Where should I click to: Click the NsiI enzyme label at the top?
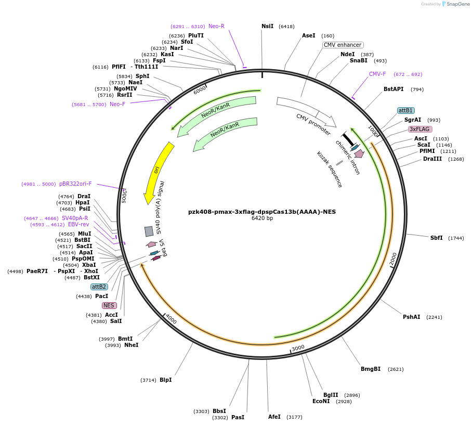pyautogui.click(x=267, y=26)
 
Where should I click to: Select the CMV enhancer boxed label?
pyautogui.click(x=343, y=45)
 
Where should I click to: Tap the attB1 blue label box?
pyautogui.click(x=405, y=110)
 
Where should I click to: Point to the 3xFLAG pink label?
pyautogui.click(x=419, y=129)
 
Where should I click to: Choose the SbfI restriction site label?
pyautogui.click(x=436, y=238)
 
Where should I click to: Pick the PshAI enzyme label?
pyautogui.click(x=411, y=317)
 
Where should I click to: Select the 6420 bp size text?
pyautogui.click(x=262, y=218)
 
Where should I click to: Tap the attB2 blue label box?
pyautogui.click(x=99, y=287)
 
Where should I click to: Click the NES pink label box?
pyautogui.click(x=109, y=305)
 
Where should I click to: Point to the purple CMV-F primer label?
pyautogui.click(x=377, y=74)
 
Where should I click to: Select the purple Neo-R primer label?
pyautogui.click(x=216, y=26)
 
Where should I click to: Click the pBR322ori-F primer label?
pyautogui.click(x=75, y=184)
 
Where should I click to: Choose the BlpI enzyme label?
pyautogui.click(x=165, y=380)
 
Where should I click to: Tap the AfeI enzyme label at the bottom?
pyautogui.click(x=274, y=417)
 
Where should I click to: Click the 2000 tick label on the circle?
pyautogui.click(x=394, y=259)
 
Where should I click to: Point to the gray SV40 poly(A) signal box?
pyautogui.click(x=149, y=231)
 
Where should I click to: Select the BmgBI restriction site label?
pyautogui.click(x=371, y=369)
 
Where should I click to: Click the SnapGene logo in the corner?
pyautogui.click(x=453, y=4)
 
